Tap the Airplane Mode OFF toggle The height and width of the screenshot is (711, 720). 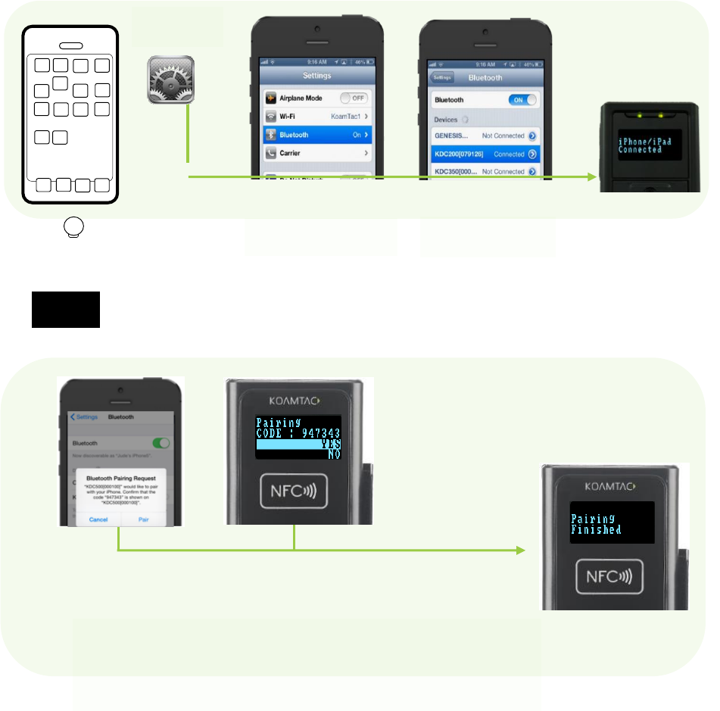click(x=354, y=98)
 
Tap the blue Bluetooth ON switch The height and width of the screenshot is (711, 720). click(x=522, y=100)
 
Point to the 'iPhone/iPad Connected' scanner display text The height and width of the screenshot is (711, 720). click(x=641, y=145)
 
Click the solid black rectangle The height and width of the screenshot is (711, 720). click(x=66, y=309)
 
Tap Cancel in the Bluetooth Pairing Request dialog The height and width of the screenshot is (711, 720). click(x=98, y=519)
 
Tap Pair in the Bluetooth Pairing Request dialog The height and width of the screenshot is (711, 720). click(x=143, y=519)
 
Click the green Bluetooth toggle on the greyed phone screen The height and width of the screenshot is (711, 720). click(x=160, y=443)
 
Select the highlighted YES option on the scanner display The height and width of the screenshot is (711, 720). click(x=298, y=445)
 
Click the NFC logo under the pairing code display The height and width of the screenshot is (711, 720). click(x=295, y=491)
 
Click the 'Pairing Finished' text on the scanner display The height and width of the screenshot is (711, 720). click(x=596, y=524)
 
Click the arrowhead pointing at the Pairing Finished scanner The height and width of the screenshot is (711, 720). click(x=521, y=550)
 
